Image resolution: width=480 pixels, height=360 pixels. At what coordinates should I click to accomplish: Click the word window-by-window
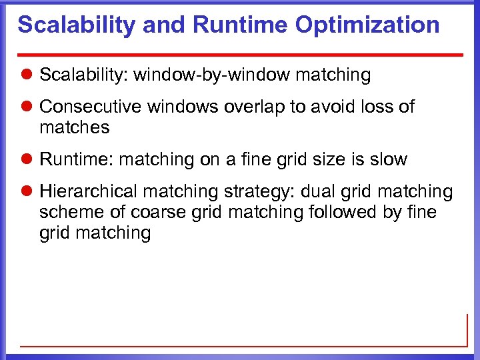click(x=211, y=75)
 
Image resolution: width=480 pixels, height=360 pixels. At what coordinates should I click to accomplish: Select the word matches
click(x=74, y=127)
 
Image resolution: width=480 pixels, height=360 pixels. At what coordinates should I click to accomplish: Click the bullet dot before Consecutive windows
click(x=27, y=107)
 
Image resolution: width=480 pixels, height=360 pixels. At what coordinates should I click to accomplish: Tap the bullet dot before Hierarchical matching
click(x=27, y=193)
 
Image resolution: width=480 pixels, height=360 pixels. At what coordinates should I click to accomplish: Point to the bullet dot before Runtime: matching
click(x=27, y=160)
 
